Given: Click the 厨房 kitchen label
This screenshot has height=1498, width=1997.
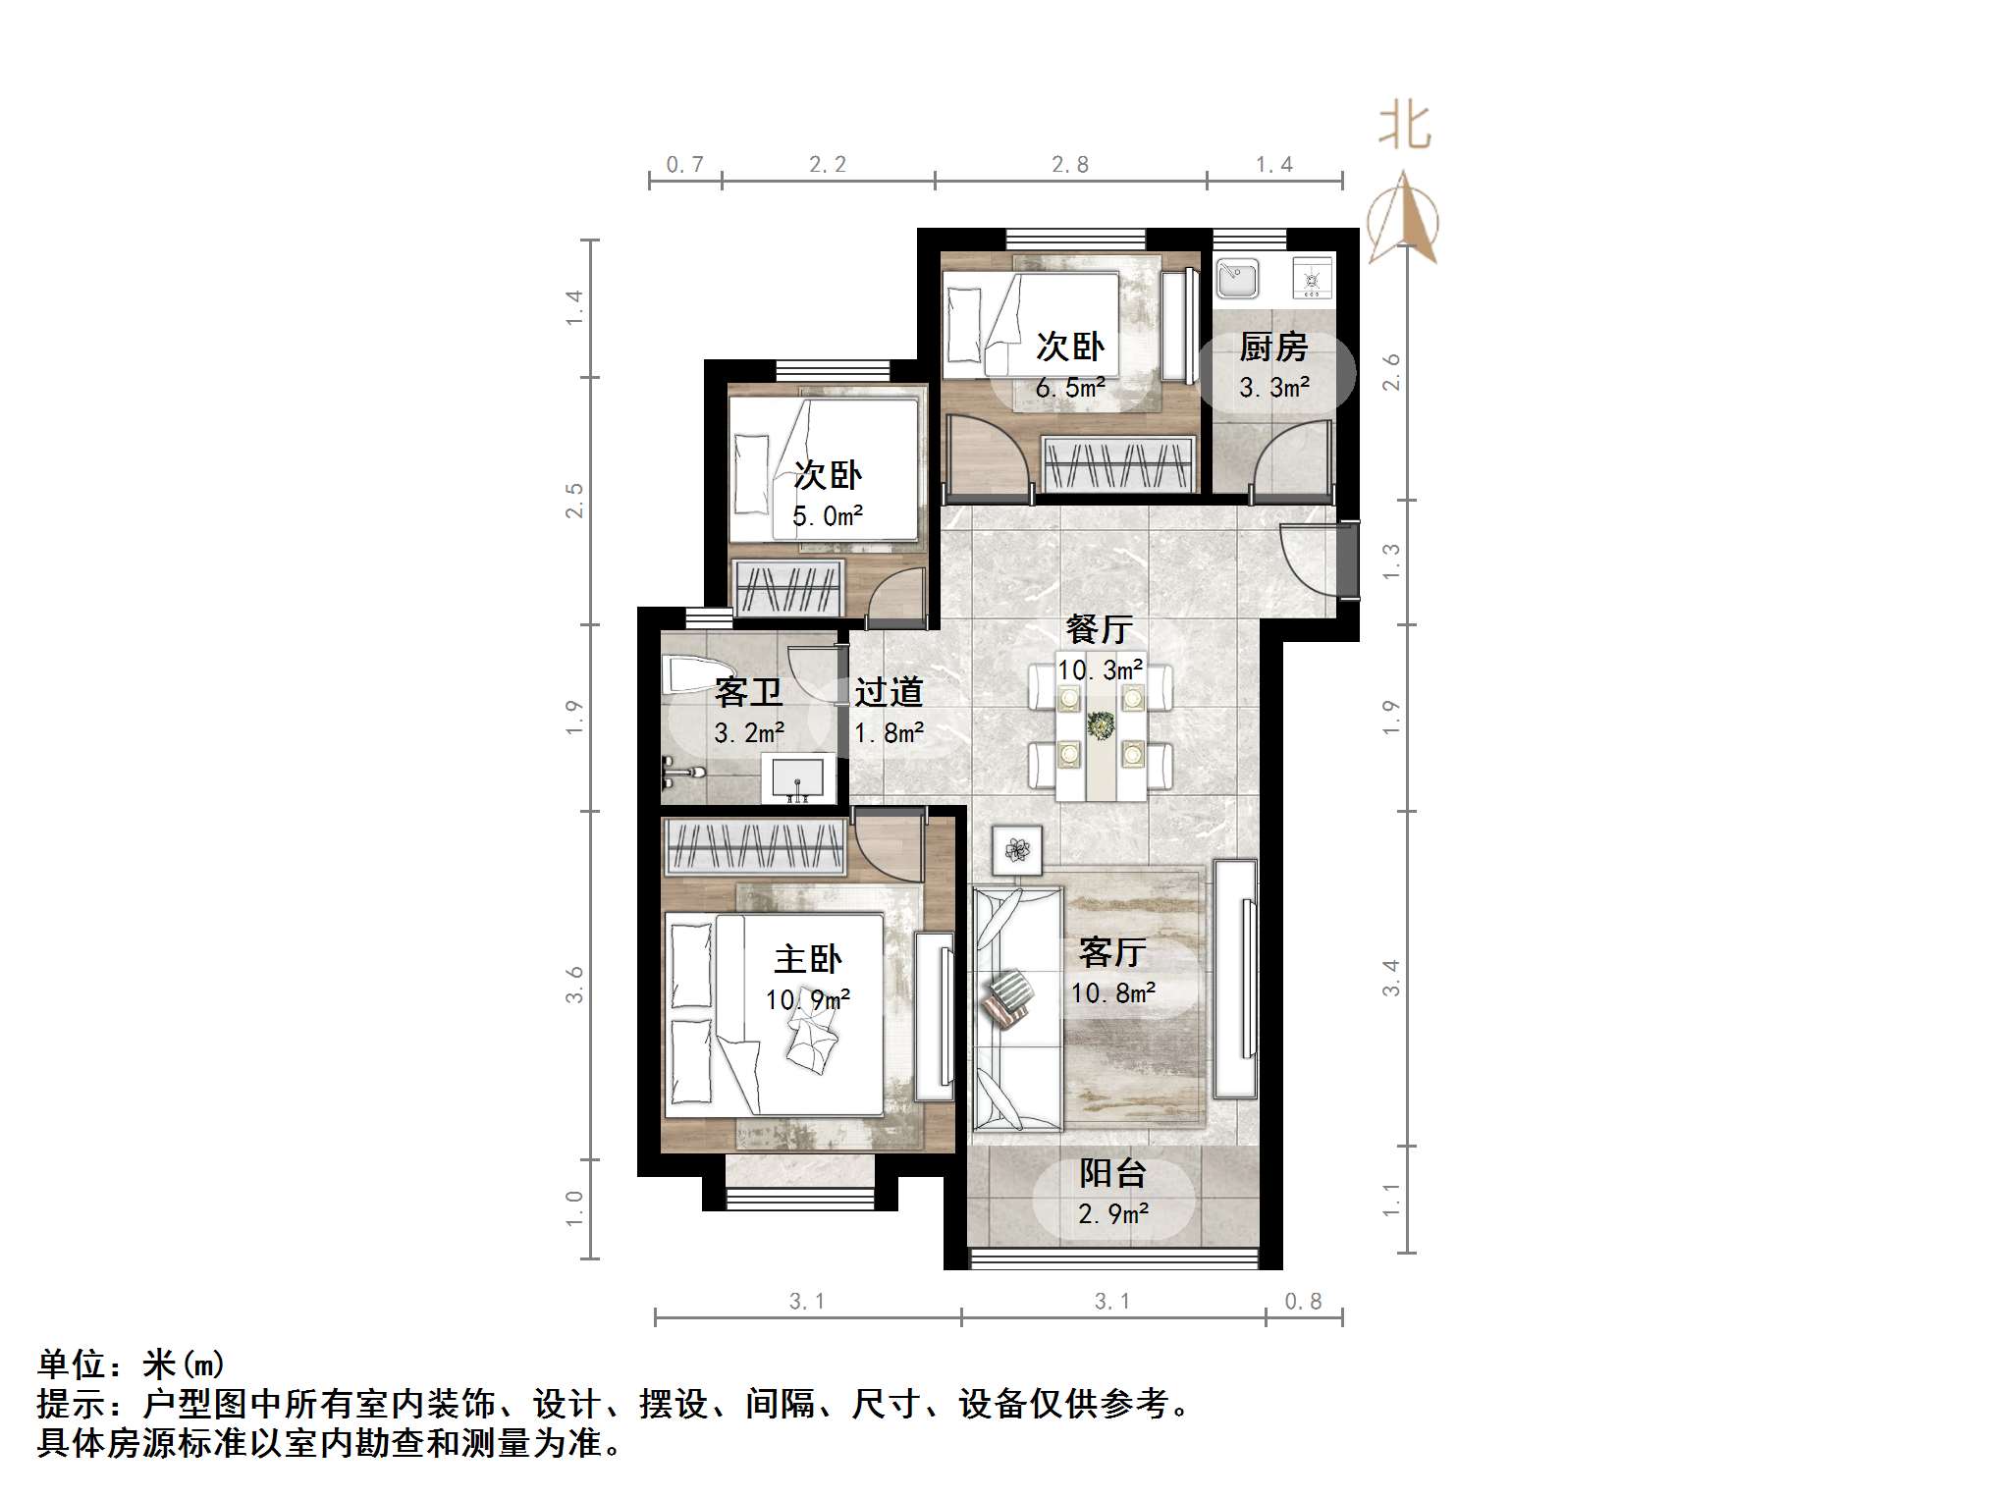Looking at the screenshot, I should pyautogui.click(x=1273, y=348).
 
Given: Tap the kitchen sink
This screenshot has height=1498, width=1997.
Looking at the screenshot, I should pyautogui.click(x=1237, y=278).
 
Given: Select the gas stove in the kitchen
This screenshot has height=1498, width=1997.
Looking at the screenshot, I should pyautogui.click(x=1312, y=279).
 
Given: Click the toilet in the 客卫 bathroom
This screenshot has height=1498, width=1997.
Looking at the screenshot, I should pyautogui.click(x=684, y=676).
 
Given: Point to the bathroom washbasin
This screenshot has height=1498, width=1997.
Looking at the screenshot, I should pyautogui.click(x=798, y=778).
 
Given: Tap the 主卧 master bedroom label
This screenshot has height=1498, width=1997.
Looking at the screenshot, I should pyautogui.click(x=808, y=959).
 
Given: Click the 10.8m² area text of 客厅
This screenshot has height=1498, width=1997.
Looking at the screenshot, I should pyautogui.click(x=1112, y=993).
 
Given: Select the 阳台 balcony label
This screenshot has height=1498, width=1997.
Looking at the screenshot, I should pyautogui.click(x=1112, y=1173).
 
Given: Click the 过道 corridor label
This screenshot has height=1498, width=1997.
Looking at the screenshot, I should pyautogui.click(x=889, y=692).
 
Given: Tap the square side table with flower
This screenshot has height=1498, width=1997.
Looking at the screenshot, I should pyautogui.click(x=1016, y=849).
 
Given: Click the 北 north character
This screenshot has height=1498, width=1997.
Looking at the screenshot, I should pyautogui.click(x=1404, y=127).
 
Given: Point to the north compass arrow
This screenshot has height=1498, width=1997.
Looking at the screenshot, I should pyautogui.click(x=1404, y=218).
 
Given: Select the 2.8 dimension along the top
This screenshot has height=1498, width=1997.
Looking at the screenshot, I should pyautogui.click(x=1070, y=165).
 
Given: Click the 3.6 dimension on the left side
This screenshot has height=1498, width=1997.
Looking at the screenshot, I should pyautogui.click(x=574, y=984).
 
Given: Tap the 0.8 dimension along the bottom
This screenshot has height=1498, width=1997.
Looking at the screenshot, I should pyautogui.click(x=1303, y=1302).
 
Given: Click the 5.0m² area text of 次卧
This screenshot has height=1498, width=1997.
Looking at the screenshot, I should pyautogui.click(x=828, y=516).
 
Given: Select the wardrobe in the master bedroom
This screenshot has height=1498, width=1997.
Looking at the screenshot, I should pyautogui.click(x=754, y=847).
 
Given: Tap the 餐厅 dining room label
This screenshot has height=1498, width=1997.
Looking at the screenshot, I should pyautogui.click(x=1100, y=629).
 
